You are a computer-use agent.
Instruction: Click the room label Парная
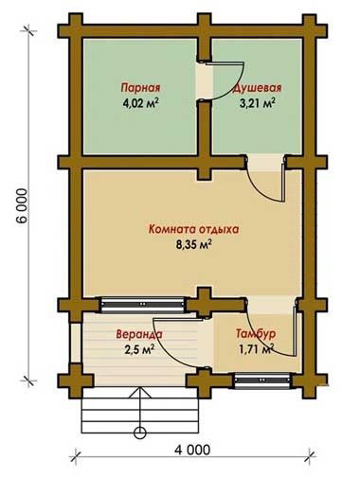pos(140,87)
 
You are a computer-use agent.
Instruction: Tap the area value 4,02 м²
pos(140,103)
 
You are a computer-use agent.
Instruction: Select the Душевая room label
pos(257,88)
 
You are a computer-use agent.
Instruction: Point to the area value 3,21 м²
pos(258,103)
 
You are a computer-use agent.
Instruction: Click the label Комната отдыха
pos(193,229)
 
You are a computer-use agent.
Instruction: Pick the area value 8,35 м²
pos(193,244)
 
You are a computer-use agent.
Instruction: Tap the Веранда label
pos(139,334)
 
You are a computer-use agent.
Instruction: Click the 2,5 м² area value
pos(139,349)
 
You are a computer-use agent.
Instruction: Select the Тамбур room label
pos(256,333)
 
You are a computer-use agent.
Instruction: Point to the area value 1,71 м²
pos(256,349)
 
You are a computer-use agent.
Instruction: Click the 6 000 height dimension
pos(21,205)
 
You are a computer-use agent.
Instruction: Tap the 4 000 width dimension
pos(192,450)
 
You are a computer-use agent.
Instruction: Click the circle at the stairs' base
pos(140,432)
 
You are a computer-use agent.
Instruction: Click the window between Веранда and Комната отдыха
pos(142,305)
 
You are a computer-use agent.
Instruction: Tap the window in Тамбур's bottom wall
pos(262,380)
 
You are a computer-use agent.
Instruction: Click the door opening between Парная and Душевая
pos(205,81)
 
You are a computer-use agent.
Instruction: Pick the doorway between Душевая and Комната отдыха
pos(265,163)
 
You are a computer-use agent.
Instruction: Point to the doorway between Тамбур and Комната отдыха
pos(272,305)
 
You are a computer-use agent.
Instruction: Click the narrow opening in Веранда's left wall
pos(76,342)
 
